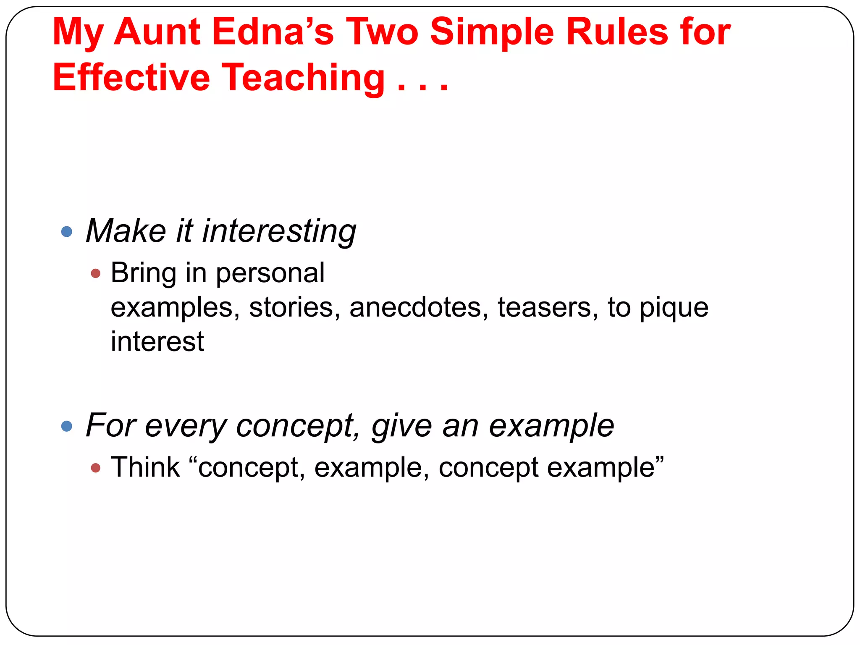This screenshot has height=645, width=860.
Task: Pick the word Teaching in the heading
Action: [303, 78]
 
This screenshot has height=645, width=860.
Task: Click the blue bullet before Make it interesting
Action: [67, 231]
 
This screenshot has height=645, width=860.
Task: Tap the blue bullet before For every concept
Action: [67, 426]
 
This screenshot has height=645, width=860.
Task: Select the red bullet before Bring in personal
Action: [96, 273]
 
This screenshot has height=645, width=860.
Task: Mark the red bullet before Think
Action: [96, 467]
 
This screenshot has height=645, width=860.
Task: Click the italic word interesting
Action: [279, 231]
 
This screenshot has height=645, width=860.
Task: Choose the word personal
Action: [270, 273]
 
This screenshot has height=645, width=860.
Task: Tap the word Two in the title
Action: [382, 32]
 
